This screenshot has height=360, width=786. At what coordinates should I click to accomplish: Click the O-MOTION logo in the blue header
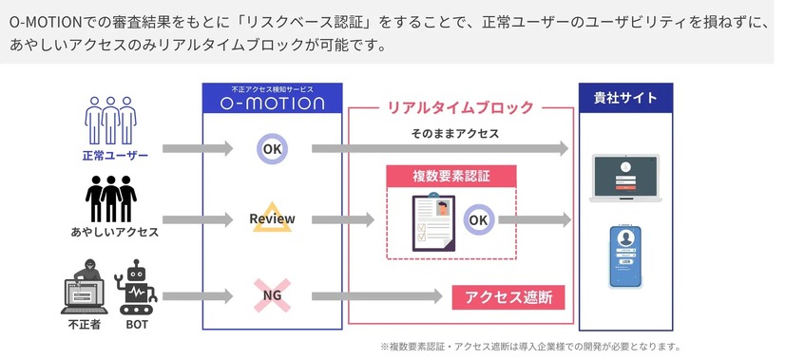coord(272,103)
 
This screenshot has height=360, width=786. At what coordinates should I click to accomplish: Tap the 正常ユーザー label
coord(115,156)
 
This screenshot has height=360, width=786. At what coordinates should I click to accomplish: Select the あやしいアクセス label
coord(115,231)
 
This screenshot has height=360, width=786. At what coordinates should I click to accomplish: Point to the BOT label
coord(135,324)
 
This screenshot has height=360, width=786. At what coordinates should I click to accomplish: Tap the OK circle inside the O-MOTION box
coord(272,148)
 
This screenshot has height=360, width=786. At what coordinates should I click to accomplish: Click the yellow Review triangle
coord(272,219)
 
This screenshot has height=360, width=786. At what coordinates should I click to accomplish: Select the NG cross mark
coord(272,295)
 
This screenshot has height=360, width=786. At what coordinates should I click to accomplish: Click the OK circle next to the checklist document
coord(478,220)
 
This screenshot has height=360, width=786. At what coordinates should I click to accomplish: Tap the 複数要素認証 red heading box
coord(451,177)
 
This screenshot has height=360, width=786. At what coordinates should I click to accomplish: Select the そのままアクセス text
coord(455,134)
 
